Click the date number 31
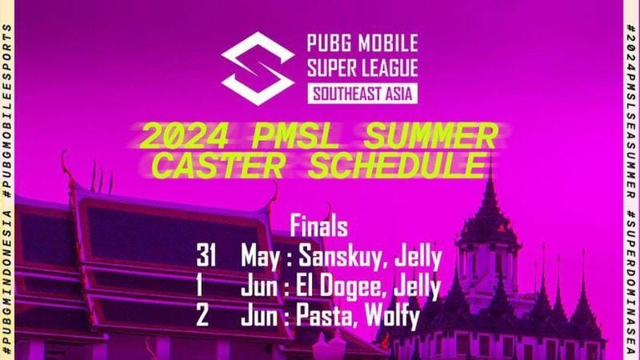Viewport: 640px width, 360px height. tap(206, 258)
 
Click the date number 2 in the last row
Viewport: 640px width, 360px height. tap(202, 316)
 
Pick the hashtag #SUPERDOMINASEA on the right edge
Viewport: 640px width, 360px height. tap(631, 280)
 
